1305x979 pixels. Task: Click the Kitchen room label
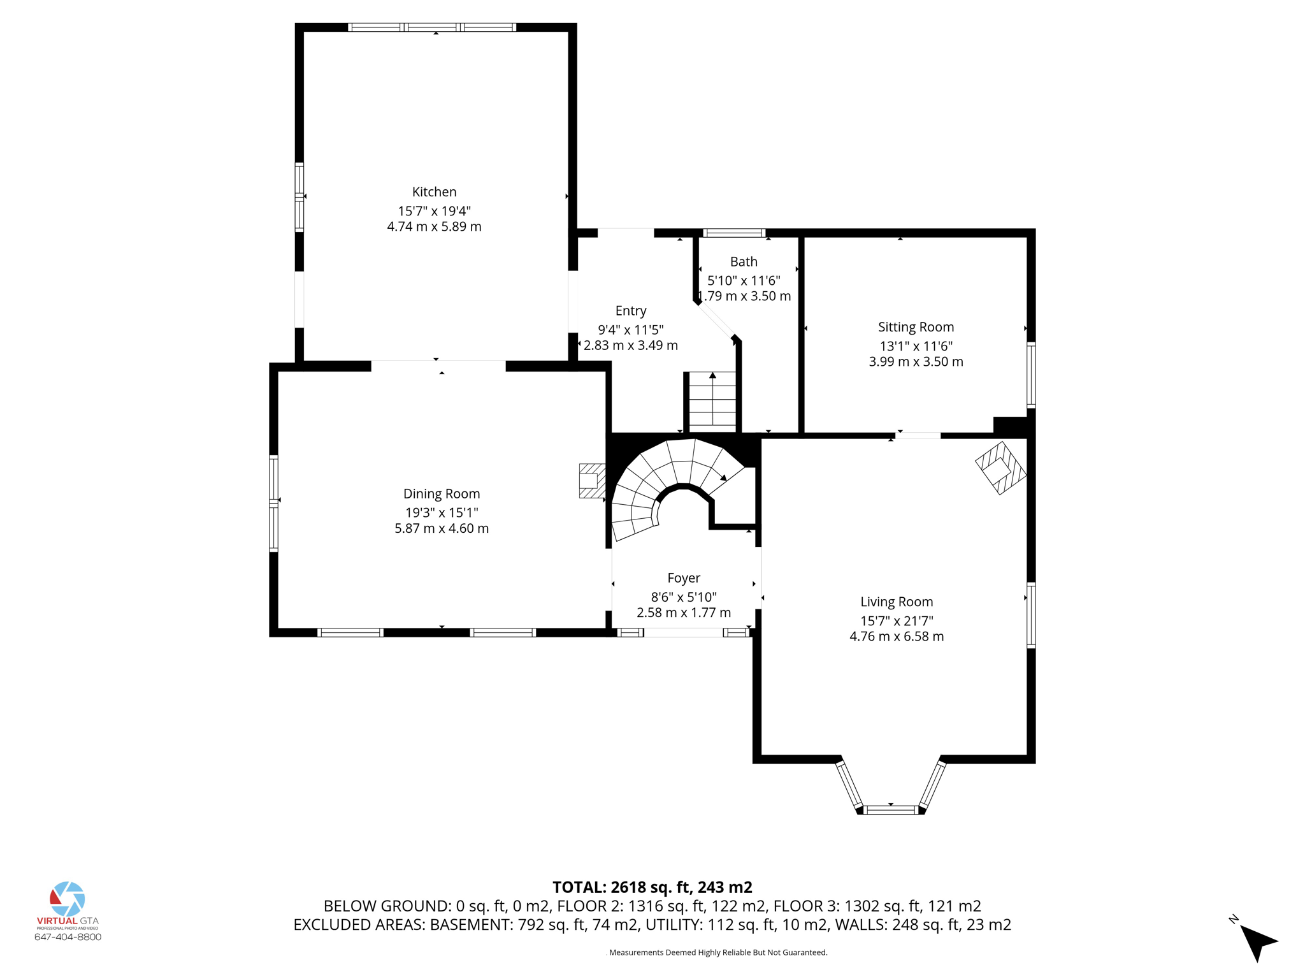434,192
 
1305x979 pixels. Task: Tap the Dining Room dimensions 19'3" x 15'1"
442,512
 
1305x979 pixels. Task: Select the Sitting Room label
916,327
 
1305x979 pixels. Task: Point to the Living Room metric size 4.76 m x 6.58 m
896,636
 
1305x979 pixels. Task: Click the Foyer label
684,578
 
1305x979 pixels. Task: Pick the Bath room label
744,261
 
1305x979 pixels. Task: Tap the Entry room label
631,311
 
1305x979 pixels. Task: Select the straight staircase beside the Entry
712,402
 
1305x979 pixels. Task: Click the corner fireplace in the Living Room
1000,468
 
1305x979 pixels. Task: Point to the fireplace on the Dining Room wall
591,481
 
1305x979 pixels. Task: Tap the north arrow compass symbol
1257,941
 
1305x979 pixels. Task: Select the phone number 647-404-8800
68,937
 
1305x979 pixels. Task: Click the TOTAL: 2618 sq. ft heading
652,887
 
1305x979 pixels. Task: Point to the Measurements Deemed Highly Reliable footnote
717,953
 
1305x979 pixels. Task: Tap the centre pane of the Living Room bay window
891,810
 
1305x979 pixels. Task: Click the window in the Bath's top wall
734,233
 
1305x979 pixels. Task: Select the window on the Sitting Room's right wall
1031,375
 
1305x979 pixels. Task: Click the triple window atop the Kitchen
432,27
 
